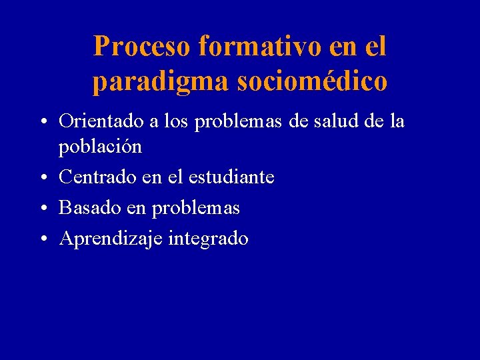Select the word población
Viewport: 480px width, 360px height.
[101, 147]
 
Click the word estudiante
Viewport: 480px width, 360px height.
[231, 177]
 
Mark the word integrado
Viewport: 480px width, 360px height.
[209, 239]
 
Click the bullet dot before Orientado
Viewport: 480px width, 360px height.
[42, 123]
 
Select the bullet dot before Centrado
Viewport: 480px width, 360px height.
[42, 178]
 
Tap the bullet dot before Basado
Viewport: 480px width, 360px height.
[42, 209]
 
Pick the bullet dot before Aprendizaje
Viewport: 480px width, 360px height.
[42, 239]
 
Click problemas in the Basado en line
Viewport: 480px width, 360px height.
[196, 208]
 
